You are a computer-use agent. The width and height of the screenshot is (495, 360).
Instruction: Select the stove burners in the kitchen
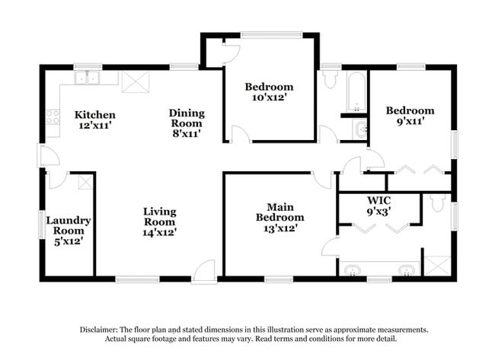[x=53, y=117]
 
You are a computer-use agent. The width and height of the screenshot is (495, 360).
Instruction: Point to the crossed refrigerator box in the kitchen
[x=135, y=81]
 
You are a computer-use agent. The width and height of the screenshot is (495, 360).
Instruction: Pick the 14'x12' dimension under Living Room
[x=160, y=233]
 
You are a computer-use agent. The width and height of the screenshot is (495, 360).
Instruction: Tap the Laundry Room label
[x=69, y=226]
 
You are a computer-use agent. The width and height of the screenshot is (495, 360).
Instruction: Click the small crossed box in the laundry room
[x=85, y=182]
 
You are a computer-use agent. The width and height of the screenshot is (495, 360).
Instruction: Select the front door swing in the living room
[x=204, y=272]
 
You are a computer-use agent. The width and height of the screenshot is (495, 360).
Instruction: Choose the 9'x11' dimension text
[x=410, y=121]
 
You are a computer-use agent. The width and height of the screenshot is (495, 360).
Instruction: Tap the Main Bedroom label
[x=280, y=217]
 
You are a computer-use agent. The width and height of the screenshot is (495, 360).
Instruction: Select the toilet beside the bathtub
[x=330, y=80]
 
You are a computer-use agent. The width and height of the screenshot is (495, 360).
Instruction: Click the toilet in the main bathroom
[x=437, y=203]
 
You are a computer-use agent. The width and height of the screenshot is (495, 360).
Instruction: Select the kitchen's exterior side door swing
[x=48, y=156]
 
